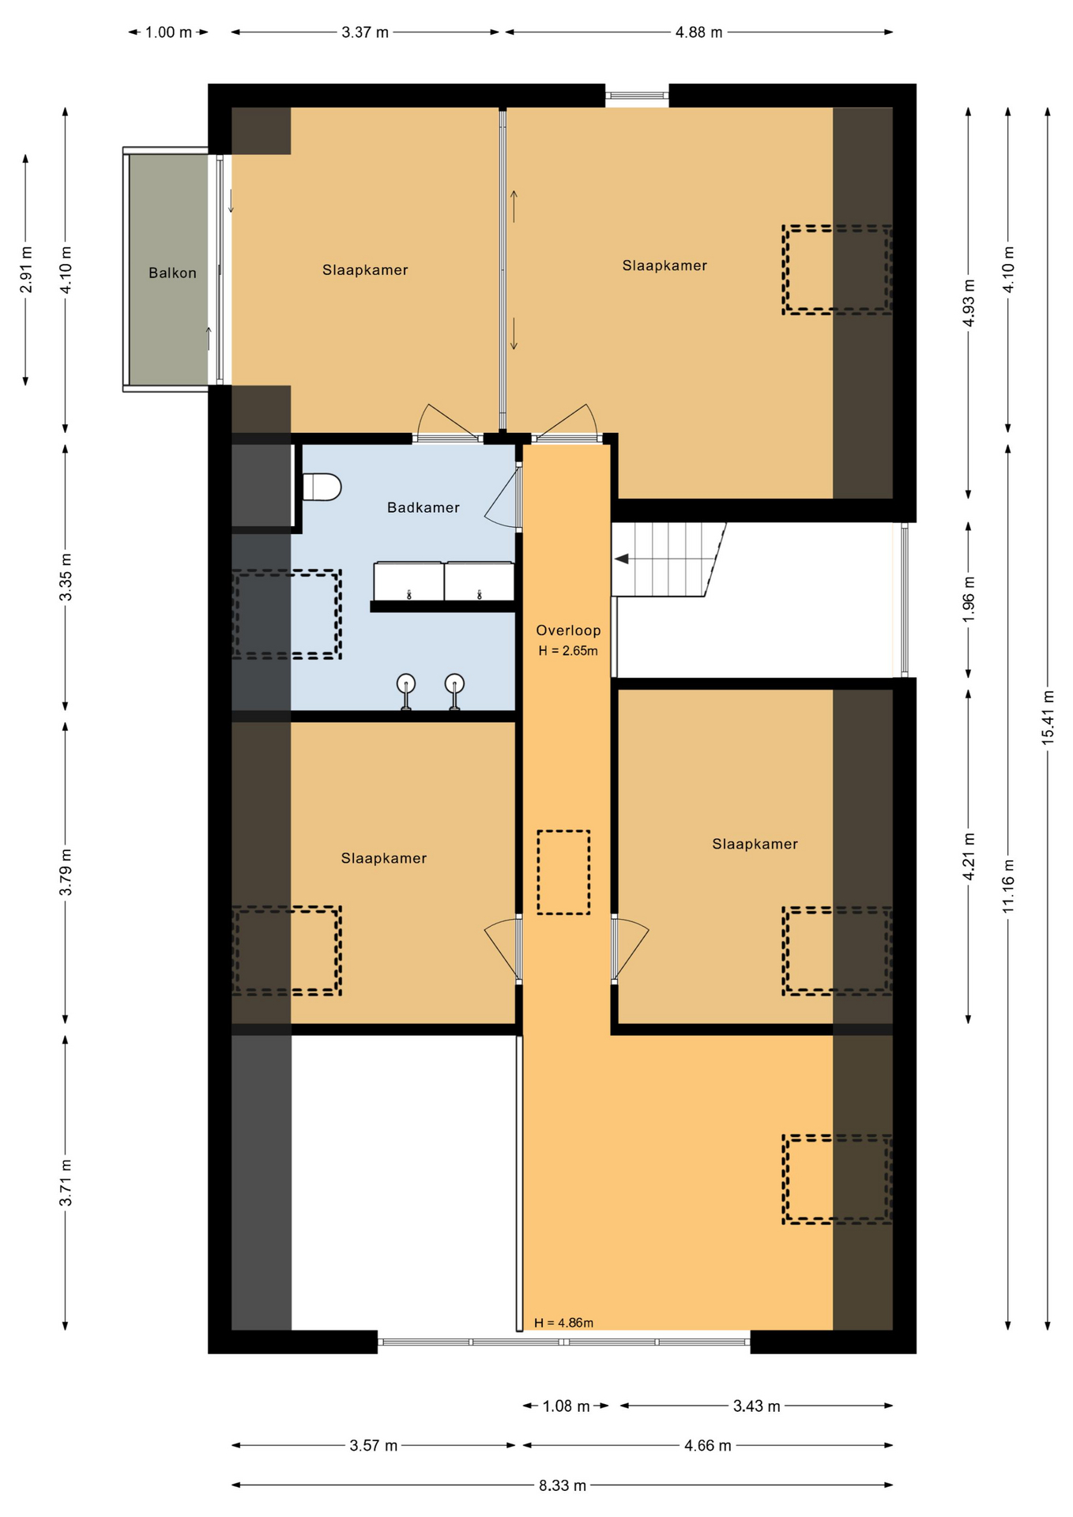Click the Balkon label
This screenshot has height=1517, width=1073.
click(x=172, y=273)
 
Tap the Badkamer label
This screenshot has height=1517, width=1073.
click(x=423, y=508)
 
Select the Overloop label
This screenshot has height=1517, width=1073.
click(x=568, y=631)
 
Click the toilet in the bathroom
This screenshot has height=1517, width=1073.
click(x=322, y=487)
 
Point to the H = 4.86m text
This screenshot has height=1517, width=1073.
click(x=563, y=1323)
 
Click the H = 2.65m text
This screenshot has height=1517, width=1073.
click(x=568, y=651)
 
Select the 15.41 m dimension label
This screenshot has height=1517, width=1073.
click(x=1048, y=717)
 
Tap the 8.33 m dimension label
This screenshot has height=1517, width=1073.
click(x=563, y=1485)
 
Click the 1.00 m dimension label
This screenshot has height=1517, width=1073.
click(x=168, y=32)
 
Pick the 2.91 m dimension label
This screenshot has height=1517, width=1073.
click(x=26, y=269)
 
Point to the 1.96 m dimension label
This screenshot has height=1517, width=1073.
click(x=969, y=599)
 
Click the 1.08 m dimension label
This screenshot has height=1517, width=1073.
click(x=566, y=1406)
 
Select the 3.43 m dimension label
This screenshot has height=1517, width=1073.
click(x=756, y=1406)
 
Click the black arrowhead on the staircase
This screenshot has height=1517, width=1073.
click(x=622, y=559)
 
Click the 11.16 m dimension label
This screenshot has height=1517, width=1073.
click(x=1008, y=886)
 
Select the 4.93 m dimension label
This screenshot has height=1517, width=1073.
click(x=969, y=303)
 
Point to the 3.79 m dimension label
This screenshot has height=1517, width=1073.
click(x=66, y=872)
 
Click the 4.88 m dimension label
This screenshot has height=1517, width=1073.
click(x=698, y=32)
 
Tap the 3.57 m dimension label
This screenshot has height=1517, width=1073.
click(x=374, y=1446)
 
